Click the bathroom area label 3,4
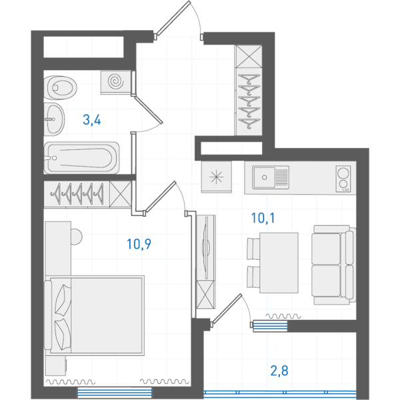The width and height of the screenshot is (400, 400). tap(92, 120)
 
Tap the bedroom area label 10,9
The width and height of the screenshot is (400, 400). tap(139, 244)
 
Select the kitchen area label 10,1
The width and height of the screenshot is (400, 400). tap(263, 219)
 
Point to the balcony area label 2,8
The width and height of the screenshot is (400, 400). tap(279, 371)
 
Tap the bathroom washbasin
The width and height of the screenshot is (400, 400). tap(54, 119)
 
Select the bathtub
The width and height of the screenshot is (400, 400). tap(81, 158)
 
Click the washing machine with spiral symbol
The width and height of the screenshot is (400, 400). tap(116, 83)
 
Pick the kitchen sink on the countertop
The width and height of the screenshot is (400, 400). tap(271, 177)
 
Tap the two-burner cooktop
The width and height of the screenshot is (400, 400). tap(343, 179)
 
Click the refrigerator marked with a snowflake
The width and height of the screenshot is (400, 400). tap(216, 177)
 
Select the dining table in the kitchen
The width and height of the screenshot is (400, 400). tap(279, 263)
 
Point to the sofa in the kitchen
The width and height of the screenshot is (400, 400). tap(333, 265)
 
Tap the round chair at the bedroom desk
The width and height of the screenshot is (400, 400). tap(76, 237)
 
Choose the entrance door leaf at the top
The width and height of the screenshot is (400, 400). tap(173, 18)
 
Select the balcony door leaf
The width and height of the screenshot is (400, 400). tap(227, 309)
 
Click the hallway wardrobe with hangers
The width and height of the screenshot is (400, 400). tap(249, 90)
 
